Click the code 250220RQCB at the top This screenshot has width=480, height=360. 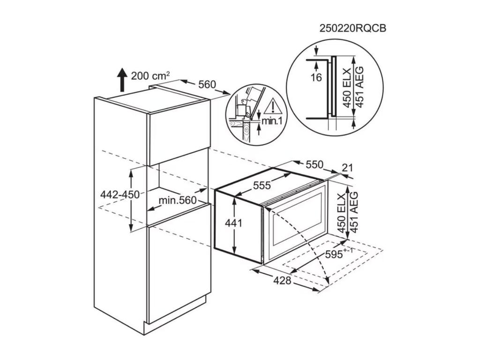352,28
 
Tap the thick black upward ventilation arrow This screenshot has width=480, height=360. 122,80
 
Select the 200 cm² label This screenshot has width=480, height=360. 150,75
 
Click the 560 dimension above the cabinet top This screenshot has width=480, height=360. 207,84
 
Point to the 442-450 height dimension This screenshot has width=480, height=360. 120,195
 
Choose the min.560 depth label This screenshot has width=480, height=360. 178,200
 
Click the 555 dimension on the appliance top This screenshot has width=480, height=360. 262,185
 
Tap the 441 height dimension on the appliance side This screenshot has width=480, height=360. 233,223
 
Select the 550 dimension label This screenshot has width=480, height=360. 315,165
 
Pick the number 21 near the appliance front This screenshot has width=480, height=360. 347,168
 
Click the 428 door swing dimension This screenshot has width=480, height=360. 282,280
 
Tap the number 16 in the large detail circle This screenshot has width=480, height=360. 316,78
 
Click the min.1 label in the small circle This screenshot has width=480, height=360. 272,121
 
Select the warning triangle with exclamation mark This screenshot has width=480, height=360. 271,107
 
